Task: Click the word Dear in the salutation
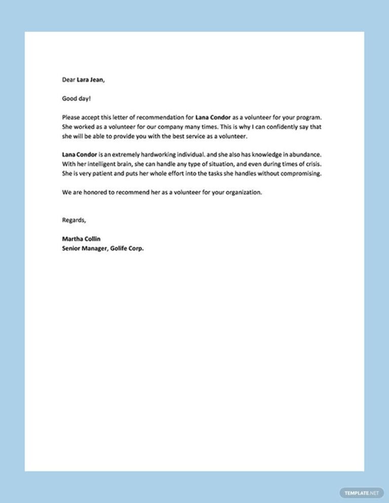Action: pyautogui.click(x=68, y=79)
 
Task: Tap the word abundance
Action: pyautogui.click(x=305, y=154)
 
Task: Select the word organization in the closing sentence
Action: pyautogui.click(x=242, y=192)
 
